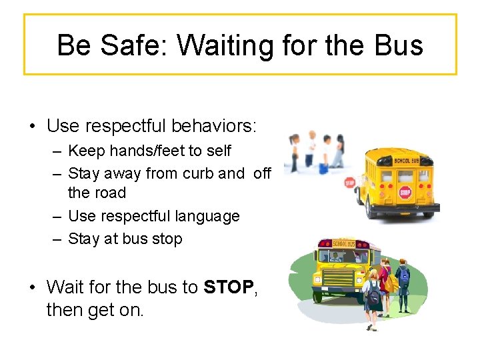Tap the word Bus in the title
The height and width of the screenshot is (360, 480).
point(397,45)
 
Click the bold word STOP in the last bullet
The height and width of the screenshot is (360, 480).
point(229,287)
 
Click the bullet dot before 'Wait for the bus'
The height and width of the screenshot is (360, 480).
point(31,288)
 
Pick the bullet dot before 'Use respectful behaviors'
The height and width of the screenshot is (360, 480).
point(31,126)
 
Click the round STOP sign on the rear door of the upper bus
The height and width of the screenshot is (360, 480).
point(405,193)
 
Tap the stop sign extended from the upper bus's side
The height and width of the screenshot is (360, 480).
point(349,183)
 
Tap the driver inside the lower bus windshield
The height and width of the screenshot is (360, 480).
point(356,257)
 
